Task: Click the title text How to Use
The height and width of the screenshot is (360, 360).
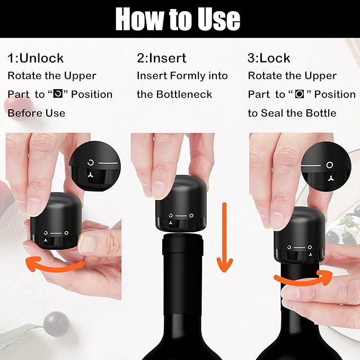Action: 178,19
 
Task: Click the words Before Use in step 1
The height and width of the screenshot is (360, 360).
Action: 37,113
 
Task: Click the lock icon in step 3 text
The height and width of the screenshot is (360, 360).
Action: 300,94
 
